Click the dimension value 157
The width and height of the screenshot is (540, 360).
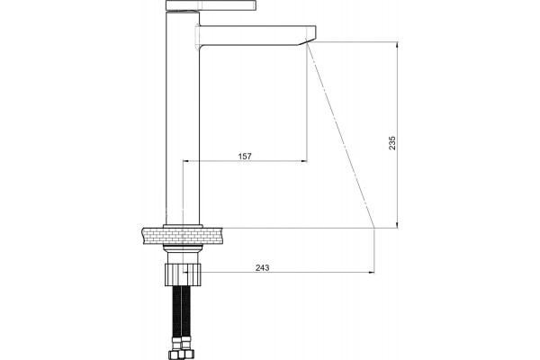point(245,156)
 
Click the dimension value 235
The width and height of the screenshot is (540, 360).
point(392,143)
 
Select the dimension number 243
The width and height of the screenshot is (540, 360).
point(263,267)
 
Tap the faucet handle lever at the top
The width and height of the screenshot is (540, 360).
point(211,5)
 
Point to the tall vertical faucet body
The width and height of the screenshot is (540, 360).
point(183,118)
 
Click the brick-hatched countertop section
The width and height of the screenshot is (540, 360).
point(182,236)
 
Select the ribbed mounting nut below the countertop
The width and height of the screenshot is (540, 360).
point(183,274)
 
